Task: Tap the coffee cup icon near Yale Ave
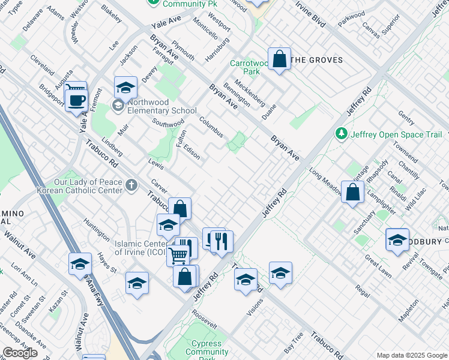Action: (76, 99)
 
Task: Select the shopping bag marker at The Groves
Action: (279, 59)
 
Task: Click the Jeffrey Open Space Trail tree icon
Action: (341, 133)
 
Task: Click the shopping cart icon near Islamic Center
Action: (178, 255)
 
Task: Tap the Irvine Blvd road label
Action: (310, 14)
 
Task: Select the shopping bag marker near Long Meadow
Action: (353, 192)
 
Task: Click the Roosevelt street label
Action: (204, 319)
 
